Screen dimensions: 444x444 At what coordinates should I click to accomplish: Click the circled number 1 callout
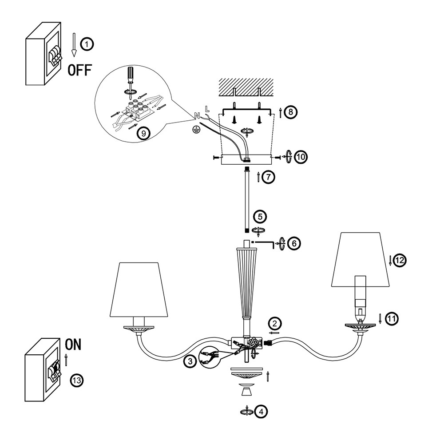[87, 44]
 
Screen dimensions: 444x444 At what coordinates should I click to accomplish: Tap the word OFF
[80, 70]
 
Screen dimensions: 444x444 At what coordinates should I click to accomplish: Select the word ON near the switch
[73, 345]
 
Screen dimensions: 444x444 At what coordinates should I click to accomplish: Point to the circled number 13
[77, 380]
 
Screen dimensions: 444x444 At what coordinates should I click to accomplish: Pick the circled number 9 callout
[143, 133]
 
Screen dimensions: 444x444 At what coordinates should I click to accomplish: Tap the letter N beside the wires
[197, 115]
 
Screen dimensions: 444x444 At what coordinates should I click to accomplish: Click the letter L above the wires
[207, 108]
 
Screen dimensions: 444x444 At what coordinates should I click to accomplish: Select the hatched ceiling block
[246, 87]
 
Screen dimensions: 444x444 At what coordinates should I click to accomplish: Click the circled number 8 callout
[290, 112]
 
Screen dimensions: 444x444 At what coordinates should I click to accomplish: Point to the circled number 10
[301, 157]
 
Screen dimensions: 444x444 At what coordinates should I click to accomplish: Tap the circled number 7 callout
[268, 177]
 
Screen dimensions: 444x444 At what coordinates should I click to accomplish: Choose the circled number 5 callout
[260, 217]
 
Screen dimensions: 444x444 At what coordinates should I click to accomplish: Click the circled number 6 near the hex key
[294, 243]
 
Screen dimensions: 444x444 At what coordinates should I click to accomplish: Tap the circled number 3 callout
[190, 361]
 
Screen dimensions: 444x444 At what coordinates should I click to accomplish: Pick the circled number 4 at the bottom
[261, 412]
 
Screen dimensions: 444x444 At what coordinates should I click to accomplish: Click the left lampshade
[139, 289]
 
